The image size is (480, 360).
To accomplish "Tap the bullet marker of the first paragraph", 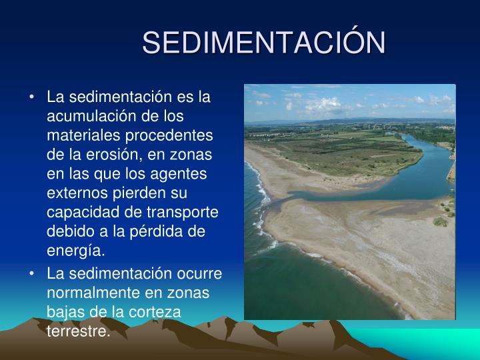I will tap(33, 97).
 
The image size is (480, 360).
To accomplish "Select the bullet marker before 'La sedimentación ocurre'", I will tap(33, 274).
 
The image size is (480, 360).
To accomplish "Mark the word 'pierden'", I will tap(139, 193).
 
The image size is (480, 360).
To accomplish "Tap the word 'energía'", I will tap(76, 251).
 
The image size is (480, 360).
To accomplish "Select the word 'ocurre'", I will tap(199, 274).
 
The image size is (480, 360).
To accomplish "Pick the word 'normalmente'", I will tap(89, 293).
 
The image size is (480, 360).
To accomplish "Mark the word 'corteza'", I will tap(159, 313).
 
